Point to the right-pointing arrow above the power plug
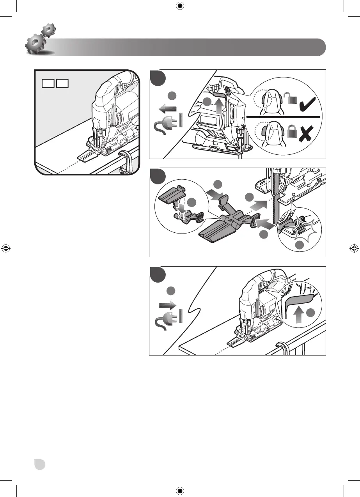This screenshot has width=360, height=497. pyautogui.click(x=167, y=304)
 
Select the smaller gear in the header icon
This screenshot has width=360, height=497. pyautogui.click(x=49, y=30)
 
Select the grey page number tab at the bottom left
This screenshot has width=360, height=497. pyautogui.click(x=39, y=465)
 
